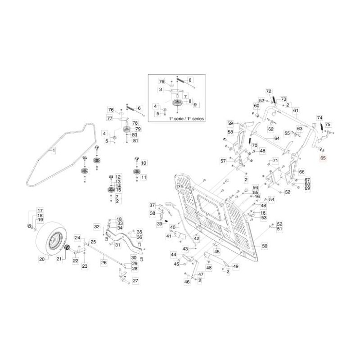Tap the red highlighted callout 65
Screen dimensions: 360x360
[323, 158]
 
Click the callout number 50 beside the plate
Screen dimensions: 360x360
[265, 246]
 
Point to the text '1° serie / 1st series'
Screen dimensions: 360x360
[186, 119]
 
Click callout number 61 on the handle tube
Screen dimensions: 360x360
[296, 110]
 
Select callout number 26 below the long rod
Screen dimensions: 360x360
[104, 262]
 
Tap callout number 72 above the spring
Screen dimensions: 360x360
[269, 91]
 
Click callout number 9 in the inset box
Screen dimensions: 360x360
[195, 105]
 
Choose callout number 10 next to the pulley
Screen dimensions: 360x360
[144, 163]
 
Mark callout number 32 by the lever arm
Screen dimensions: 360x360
[97, 226]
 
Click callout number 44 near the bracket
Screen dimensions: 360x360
[173, 255]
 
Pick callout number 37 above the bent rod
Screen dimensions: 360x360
[152, 205]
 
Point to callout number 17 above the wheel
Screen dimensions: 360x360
[40, 211]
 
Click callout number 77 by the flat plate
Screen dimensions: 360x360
[109, 118]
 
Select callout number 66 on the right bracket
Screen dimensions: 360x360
[301, 172]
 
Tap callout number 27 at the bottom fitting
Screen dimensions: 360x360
[135, 280]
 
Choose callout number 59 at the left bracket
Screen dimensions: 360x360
[230, 124]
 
